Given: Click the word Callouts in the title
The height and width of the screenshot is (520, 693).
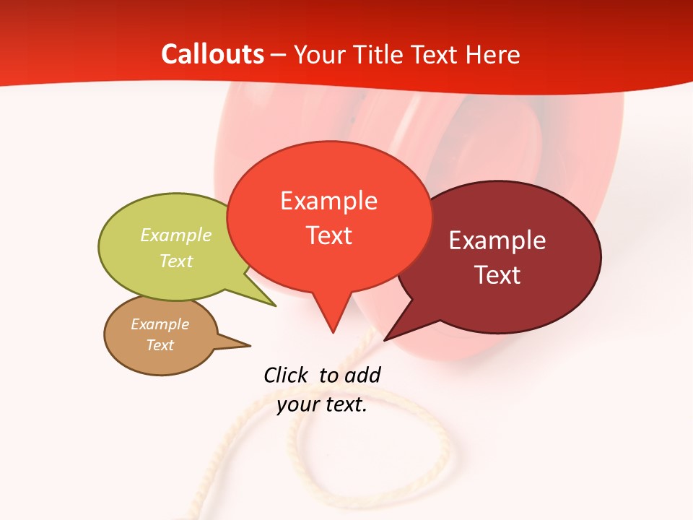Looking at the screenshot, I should pos(212,55).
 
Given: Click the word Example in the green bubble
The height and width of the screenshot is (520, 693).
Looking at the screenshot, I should pos(176,235).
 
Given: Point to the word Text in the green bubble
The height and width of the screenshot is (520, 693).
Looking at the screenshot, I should pos(176,261).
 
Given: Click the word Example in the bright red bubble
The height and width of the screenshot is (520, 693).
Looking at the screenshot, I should pos(328,201).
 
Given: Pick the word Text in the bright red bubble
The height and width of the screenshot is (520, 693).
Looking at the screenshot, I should pos(329,235).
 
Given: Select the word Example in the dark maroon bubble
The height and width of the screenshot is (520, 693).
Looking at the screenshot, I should pos(497,240).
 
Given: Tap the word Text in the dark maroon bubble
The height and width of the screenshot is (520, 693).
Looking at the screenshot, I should pos(497,275).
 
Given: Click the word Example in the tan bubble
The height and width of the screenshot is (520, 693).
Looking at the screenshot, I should pos(160,324).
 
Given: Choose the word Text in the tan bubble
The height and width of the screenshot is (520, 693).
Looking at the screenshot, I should pos(160,345).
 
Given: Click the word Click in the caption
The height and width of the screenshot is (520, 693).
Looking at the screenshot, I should pos(286,375).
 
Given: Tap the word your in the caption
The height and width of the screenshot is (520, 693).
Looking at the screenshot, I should pos(297,404).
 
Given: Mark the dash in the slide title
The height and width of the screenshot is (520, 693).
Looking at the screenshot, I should pos(279,55).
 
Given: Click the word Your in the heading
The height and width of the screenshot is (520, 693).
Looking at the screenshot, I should pos(318,55).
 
